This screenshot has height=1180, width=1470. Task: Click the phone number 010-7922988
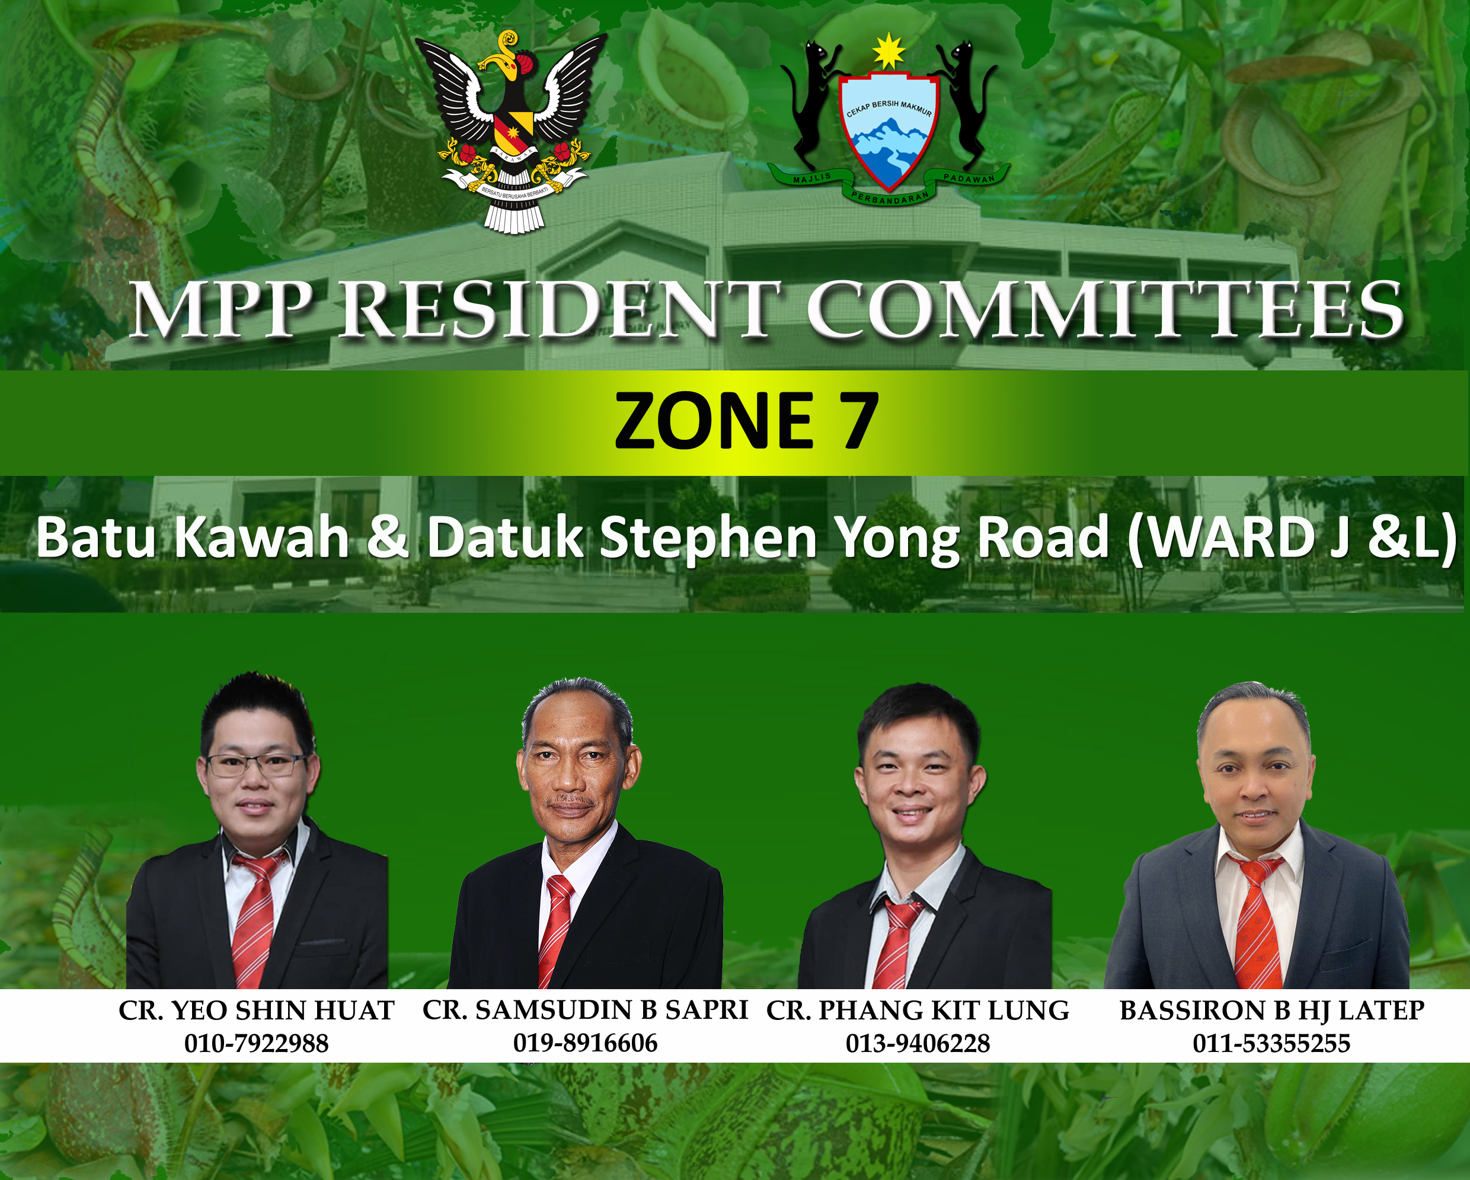pos(257,1044)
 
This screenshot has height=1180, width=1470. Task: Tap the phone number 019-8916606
pos(585,1043)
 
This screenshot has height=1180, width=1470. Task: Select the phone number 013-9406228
pos(918,1044)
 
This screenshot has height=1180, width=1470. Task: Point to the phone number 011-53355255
pos(1271,1044)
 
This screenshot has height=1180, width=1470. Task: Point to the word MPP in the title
pos(222,310)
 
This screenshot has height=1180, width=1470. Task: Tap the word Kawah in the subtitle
pos(263,538)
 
